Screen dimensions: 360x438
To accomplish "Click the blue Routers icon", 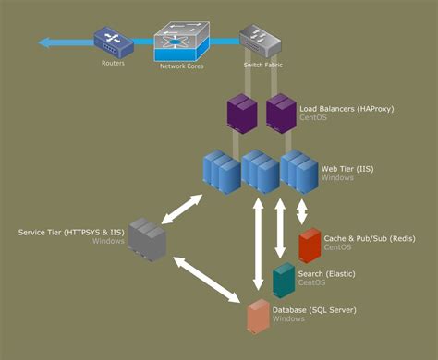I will [x=108, y=42].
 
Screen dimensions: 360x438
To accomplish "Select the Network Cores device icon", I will [x=181, y=42].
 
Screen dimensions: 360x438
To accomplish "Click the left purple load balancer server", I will [x=242, y=115].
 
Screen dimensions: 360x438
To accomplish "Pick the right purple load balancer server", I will [x=281, y=115].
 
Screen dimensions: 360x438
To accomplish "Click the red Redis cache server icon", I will [x=309, y=246].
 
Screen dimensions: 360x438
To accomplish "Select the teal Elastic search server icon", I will [x=285, y=280].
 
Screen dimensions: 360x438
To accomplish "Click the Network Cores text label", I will [x=181, y=67].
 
